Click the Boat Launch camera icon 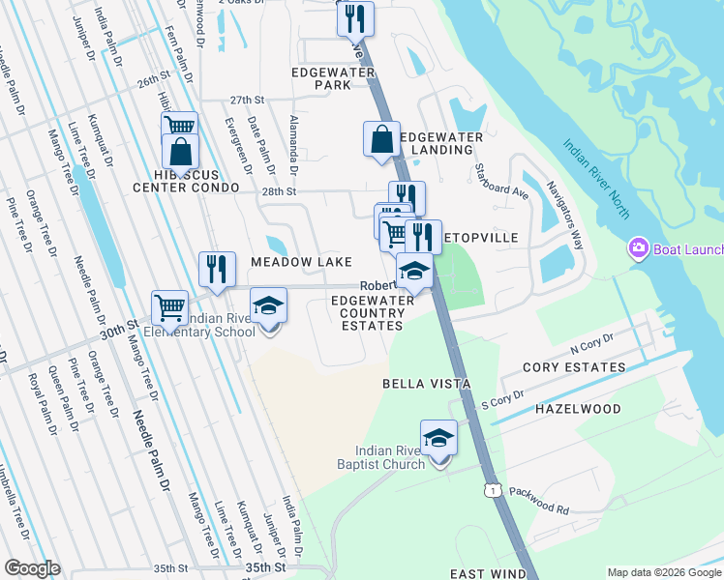[638, 248]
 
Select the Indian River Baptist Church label [390, 457]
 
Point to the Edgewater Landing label [441, 143]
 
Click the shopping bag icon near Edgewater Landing [381, 138]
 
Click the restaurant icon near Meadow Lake [216, 269]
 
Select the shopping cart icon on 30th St [169, 307]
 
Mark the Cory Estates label [574, 367]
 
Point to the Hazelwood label [578, 409]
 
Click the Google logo [32, 568]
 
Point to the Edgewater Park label [319, 78]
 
